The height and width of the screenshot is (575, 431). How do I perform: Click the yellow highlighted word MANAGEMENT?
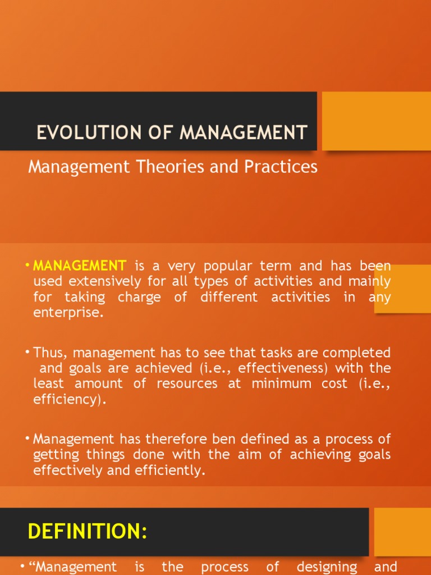point(80,266)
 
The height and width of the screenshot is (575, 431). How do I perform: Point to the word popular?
point(228,266)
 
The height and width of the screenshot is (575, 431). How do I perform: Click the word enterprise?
point(68,313)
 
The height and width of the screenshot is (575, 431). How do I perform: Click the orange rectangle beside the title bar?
point(377,121)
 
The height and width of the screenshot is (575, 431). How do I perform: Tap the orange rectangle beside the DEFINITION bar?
point(402,532)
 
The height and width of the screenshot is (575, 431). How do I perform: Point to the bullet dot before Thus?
point(27,353)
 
